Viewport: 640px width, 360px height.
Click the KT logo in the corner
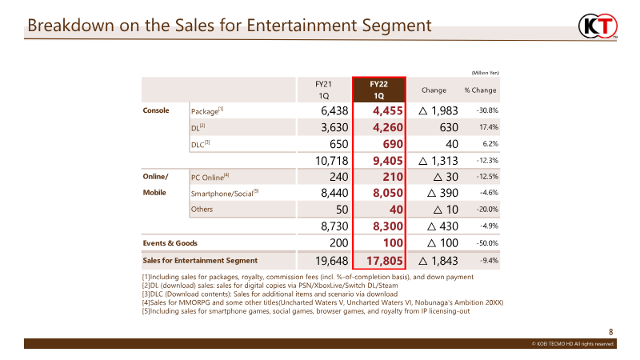click(598, 26)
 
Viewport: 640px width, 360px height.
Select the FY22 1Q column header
click(378, 90)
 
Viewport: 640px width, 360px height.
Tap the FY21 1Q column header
click(323, 90)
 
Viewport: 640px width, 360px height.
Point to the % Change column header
click(480, 90)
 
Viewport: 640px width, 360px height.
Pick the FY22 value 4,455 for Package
click(387, 110)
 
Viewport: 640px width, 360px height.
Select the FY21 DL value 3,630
click(334, 127)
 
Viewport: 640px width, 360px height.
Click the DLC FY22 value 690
click(393, 144)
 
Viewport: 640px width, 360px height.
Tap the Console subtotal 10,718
click(331, 161)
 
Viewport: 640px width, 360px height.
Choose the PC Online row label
click(210, 177)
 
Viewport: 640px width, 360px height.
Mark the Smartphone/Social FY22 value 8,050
click(388, 193)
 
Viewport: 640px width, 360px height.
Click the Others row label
click(202, 209)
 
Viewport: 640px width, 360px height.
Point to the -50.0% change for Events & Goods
click(487, 243)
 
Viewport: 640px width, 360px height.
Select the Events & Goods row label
click(170, 243)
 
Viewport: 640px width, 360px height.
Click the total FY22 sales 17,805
click(385, 261)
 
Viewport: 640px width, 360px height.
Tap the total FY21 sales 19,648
click(331, 261)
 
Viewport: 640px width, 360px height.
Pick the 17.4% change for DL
click(489, 127)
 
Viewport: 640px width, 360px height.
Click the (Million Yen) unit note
click(486, 73)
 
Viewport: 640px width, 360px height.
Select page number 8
click(611, 332)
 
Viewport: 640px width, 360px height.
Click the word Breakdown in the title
click(71, 26)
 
